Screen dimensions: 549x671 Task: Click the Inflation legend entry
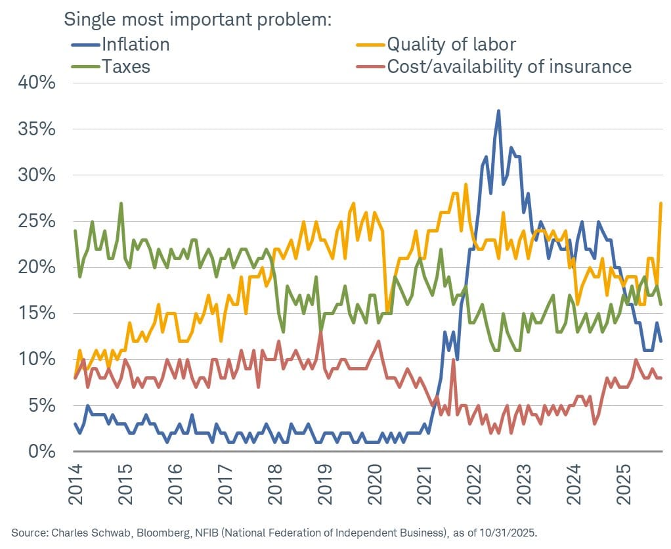tap(135, 44)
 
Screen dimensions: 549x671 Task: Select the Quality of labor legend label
tap(451, 44)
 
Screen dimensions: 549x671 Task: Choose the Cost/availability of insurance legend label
tap(509, 66)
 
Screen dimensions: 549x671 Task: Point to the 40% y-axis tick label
tap(37, 83)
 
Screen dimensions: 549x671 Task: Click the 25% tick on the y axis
tap(37, 221)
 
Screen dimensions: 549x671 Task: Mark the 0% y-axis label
tap(43, 451)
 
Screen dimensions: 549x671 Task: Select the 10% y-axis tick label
tap(37, 359)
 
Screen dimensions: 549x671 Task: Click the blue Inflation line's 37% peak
tap(498, 111)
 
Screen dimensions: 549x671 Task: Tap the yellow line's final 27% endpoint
tap(660, 203)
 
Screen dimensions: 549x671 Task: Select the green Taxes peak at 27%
tap(121, 203)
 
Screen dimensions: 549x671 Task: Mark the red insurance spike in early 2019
tap(320, 332)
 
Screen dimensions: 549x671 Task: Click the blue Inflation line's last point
tap(660, 341)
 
